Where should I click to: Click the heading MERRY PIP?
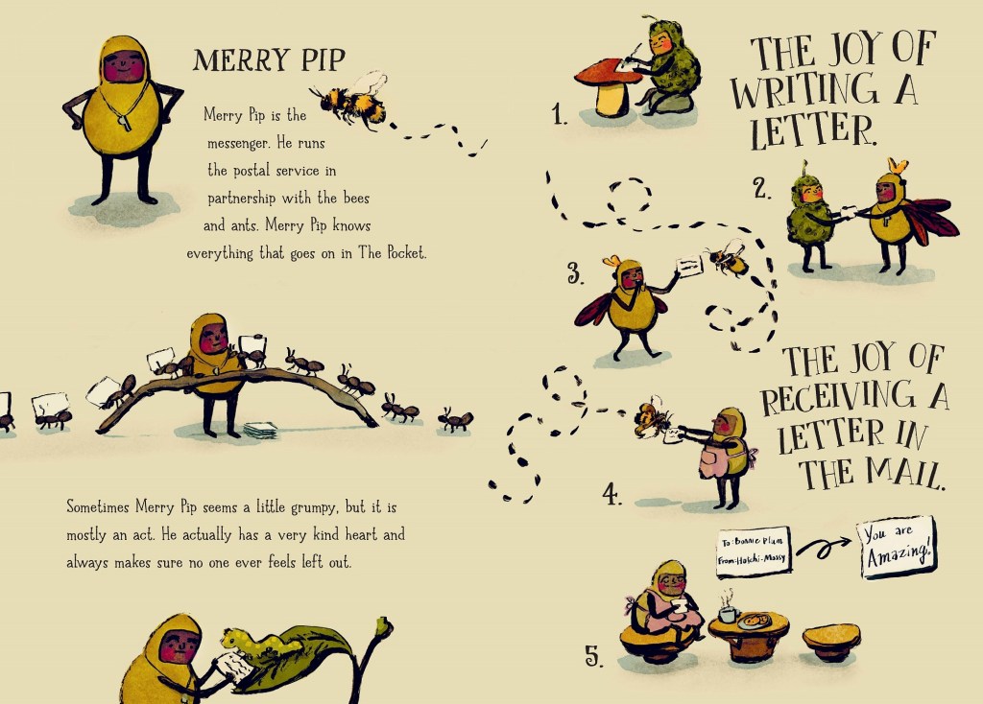269,60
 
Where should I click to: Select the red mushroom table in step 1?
607,86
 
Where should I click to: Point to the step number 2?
761,188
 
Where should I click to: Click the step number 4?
611,494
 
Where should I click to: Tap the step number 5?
594,656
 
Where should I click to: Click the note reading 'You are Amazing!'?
897,547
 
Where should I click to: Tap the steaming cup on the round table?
728,611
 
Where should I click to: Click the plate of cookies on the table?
755,621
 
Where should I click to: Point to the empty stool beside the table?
830,642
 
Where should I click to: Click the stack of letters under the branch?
260,430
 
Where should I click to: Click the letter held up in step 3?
689,267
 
